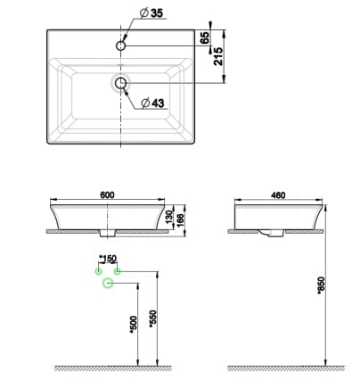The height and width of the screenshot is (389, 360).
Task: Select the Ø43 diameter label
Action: pyautogui.click(x=153, y=103)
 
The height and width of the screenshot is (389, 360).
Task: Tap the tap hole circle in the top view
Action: pyautogui.click(x=121, y=43)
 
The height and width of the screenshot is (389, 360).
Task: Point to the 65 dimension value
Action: pyautogui.click(x=204, y=37)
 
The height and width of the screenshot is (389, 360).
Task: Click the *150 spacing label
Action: pyautogui.click(x=109, y=259)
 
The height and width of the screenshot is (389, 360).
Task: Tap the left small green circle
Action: pyautogui.click(x=99, y=269)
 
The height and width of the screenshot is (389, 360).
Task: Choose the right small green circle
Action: pyautogui.click(x=118, y=269)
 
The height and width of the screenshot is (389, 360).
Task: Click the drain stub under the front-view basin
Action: pyautogui.click(x=109, y=235)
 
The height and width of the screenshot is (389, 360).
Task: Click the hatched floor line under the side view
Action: pyautogui.click(x=285, y=368)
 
